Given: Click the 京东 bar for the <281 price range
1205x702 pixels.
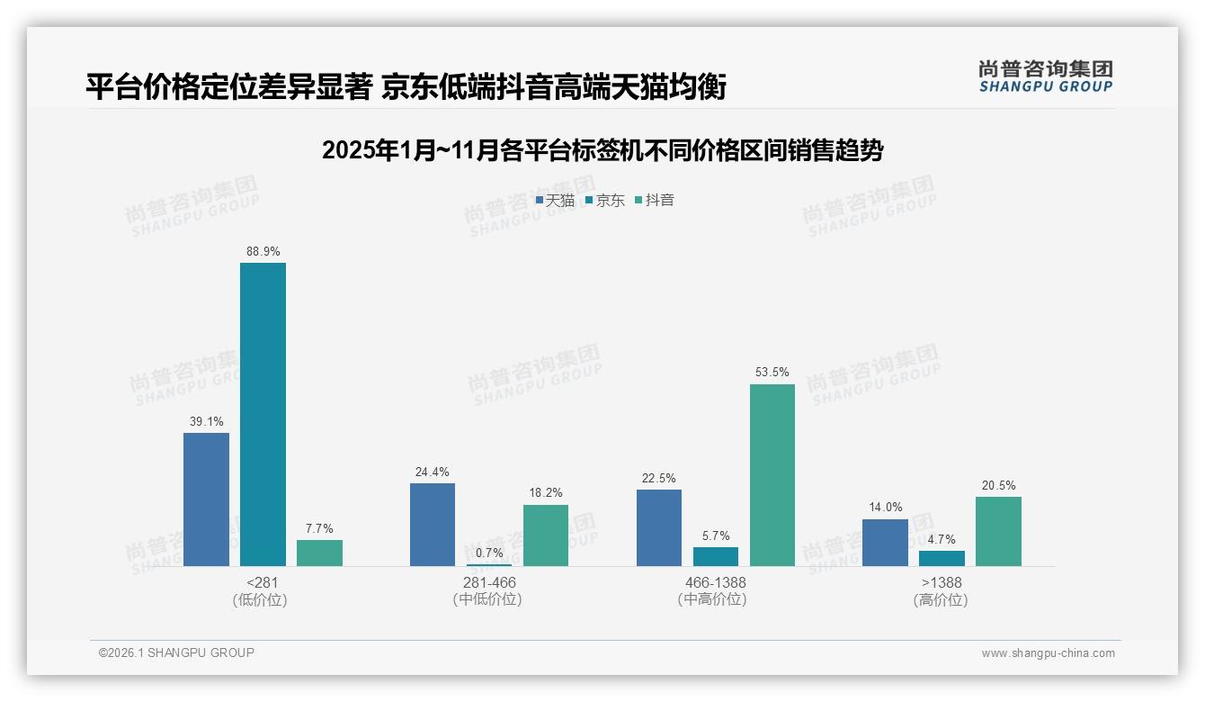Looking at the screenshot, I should (x=263, y=414).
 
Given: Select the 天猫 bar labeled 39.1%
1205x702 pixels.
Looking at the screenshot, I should (x=206, y=499).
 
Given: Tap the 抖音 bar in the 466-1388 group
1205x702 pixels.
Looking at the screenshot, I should (x=772, y=475).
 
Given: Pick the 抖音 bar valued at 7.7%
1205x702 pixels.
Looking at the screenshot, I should (x=319, y=553).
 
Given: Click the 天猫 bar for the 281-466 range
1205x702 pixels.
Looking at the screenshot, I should (x=433, y=525).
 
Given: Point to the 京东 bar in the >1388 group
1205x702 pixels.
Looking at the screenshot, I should (x=942, y=558).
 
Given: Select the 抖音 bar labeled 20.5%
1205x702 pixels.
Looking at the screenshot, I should (x=998, y=531).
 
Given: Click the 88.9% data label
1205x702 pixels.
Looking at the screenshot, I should (x=263, y=251).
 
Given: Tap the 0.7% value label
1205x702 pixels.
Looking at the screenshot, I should (x=489, y=553).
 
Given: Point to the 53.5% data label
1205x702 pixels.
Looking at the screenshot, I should (x=772, y=373).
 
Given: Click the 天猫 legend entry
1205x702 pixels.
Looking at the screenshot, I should (x=555, y=201).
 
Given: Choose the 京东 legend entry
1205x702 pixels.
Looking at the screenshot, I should (x=605, y=201).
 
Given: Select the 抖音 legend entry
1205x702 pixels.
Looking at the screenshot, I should (x=655, y=201).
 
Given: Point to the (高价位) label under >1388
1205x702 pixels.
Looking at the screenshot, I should (x=942, y=599).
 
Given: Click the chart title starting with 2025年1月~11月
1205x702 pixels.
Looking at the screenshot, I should (x=602, y=149).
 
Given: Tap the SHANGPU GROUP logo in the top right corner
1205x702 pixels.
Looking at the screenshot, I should (x=1046, y=76).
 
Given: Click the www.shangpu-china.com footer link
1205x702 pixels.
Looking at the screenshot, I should (x=1048, y=652).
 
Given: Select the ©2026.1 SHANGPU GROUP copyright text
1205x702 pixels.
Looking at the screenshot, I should (x=176, y=652).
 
